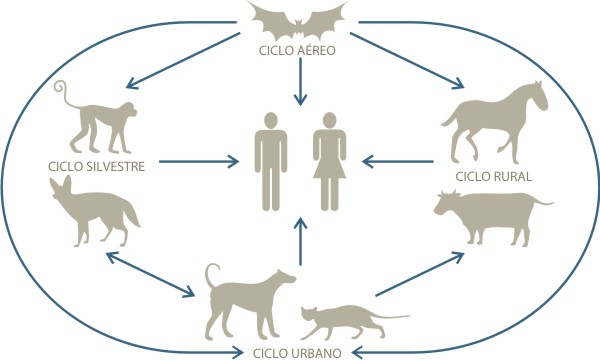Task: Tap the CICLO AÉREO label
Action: click(x=297, y=50)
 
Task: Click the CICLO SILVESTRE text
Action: click(x=96, y=166)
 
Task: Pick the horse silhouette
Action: click(x=496, y=122)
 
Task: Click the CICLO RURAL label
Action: click(x=494, y=176)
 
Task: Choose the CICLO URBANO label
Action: click(x=297, y=353)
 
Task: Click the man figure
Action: click(x=271, y=161)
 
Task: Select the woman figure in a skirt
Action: click(x=329, y=161)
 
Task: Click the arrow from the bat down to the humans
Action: click(x=300, y=82)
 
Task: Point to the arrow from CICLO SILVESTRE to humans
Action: click(x=199, y=161)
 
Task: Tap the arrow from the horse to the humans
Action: click(x=398, y=161)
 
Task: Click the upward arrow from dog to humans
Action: click(x=300, y=241)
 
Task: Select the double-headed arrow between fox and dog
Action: click(x=150, y=274)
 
